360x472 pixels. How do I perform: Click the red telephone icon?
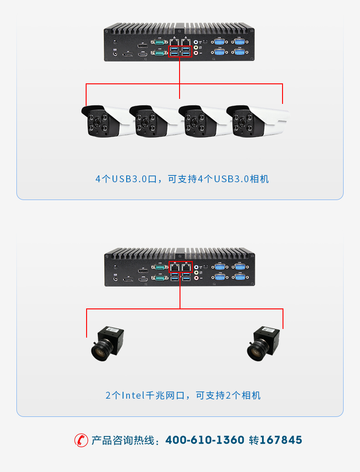coord(81,440)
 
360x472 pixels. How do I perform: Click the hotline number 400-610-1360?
coord(205,440)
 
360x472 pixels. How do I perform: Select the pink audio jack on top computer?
coord(197,53)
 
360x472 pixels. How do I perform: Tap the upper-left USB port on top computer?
coord(174,49)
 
